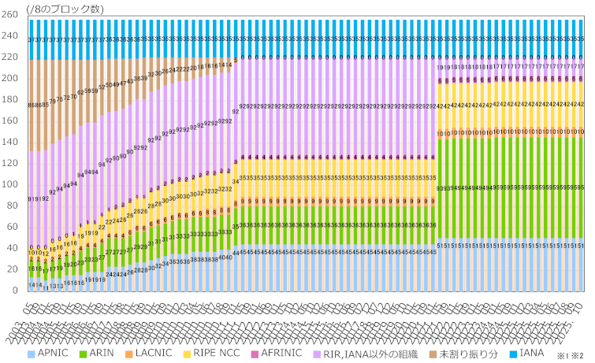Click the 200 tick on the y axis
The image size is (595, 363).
tap(11, 78)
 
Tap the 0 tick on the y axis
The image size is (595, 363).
tap(17, 291)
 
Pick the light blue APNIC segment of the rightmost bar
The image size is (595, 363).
tap(580, 268)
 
